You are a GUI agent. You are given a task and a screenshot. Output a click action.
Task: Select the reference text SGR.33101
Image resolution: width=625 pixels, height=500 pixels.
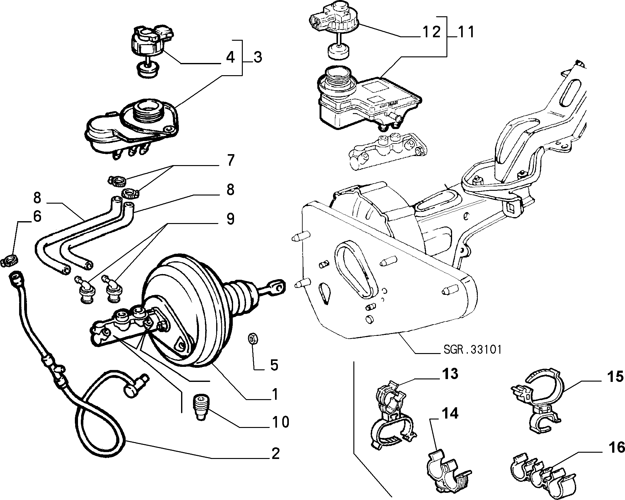coord(472,350)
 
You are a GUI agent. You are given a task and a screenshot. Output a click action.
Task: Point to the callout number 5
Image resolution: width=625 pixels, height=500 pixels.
coord(274,365)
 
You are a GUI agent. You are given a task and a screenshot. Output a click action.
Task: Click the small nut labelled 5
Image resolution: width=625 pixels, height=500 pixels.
coord(252,339)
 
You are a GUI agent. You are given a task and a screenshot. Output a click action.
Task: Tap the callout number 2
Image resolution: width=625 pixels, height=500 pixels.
coord(275,454)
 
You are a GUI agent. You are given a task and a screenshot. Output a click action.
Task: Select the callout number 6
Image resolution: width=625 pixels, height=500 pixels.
coord(37,216)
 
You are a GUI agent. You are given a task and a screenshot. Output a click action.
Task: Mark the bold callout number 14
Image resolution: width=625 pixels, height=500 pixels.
coord(450,414)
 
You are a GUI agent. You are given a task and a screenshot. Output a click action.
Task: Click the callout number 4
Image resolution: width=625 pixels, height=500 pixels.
coord(230,57)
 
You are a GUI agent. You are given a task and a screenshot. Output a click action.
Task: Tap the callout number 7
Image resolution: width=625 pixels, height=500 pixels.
coord(230,160)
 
